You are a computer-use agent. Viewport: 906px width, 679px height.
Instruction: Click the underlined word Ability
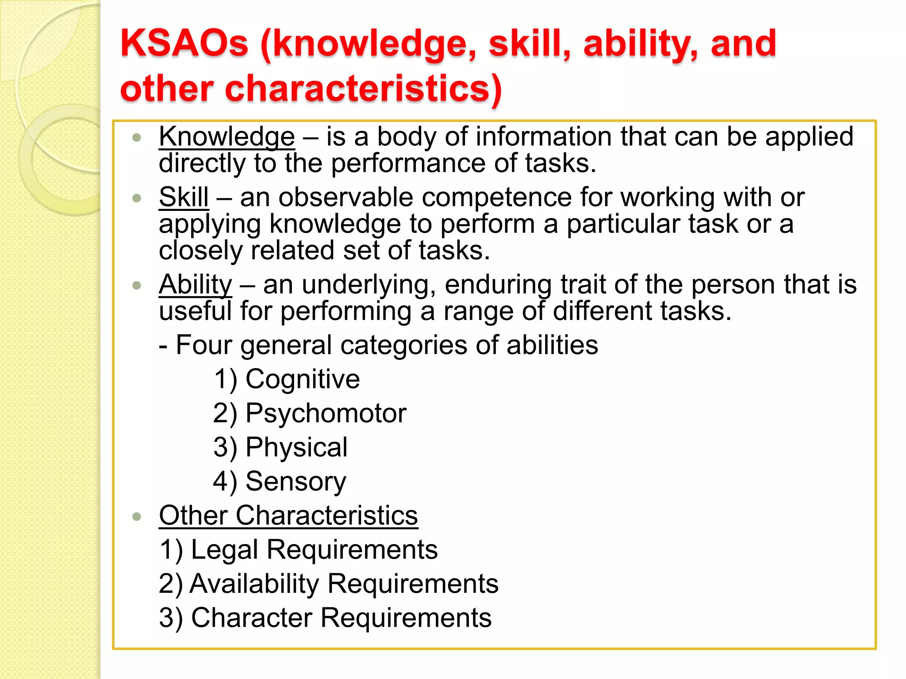195,284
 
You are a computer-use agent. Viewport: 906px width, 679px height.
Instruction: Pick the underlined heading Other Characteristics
288,515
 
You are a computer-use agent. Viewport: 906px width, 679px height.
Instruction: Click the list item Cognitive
303,379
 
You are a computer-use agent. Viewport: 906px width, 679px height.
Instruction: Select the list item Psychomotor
326,413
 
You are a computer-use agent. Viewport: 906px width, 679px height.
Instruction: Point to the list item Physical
296,447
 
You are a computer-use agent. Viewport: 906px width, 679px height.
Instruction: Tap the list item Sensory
296,481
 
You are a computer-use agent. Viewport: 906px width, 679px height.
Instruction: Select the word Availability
254,584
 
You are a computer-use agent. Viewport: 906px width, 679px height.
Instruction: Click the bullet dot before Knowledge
137,137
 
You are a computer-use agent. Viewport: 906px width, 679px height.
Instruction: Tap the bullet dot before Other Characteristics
137,516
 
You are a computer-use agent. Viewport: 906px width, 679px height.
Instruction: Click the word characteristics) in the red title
363,89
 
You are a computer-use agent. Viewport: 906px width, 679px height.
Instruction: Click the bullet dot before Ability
137,285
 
